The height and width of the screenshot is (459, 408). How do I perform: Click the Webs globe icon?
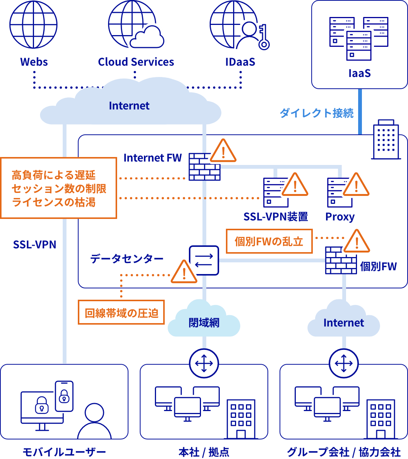pyautogui.click(x=34, y=24)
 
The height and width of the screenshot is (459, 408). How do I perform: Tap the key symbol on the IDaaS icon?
pyautogui.click(x=263, y=38)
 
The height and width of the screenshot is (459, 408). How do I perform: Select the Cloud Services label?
pyautogui.click(x=136, y=62)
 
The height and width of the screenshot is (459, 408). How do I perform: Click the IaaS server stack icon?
pyautogui.click(x=359, y=38)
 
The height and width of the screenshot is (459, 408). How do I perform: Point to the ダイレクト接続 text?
pyautogui.click(x=317, y=113)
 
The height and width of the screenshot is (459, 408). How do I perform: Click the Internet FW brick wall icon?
pyautogui.click(x=204, y=166)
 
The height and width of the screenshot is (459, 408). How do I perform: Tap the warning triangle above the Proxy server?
pyautogui.click(x=355, y=185)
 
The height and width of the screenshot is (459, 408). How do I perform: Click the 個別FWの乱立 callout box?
pyautogui.click(x=269, y=241)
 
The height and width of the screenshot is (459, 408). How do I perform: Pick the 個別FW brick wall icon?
pyautogui.click(x=341, y=260)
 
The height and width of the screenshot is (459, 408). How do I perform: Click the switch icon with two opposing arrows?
pyautogui.click(x=204, y=260)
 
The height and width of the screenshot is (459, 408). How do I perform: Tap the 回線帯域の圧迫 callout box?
pyautogui.click(x=121, y=313)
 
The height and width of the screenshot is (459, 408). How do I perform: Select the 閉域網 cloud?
pyautogui.click(x=204, y=321)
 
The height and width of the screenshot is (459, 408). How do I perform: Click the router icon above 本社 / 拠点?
pyautogui.click(x=204, y=364)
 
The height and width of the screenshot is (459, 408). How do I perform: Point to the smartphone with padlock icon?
pyautogui.click(x=64, y=396)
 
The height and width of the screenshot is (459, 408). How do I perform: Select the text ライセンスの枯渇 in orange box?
pyautogui.click(x=54, y=202)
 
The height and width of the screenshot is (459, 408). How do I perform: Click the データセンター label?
pyautogui.click(x=127, y=259)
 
